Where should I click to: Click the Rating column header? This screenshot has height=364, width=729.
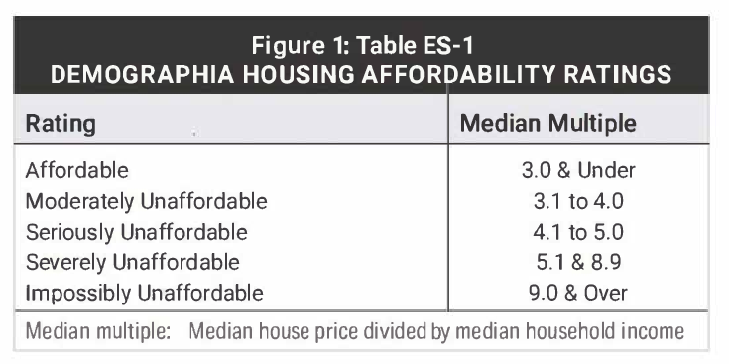61,125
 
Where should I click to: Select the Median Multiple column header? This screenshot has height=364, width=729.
548,125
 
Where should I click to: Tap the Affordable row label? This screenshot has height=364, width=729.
77,170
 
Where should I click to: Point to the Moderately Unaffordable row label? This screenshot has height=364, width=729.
146,201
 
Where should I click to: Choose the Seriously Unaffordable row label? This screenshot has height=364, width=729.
136,232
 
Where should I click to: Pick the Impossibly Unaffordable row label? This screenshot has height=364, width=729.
144,294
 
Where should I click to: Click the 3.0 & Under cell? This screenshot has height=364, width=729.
578,170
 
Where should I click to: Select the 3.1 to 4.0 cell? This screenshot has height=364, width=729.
578,201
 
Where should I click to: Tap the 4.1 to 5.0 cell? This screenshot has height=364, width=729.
578,232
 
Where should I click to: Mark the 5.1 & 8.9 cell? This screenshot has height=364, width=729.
578,263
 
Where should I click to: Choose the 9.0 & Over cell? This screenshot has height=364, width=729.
578,294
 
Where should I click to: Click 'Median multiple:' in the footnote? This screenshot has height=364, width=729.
96,331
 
